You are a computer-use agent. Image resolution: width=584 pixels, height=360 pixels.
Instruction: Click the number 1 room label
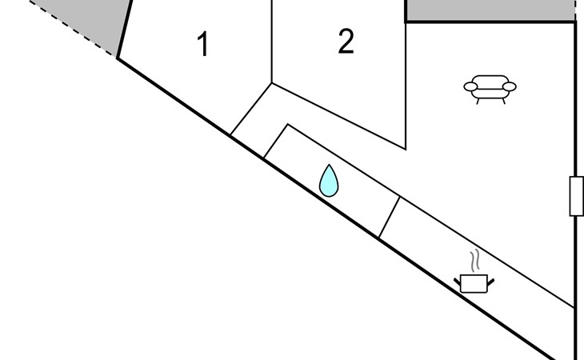[202, 44]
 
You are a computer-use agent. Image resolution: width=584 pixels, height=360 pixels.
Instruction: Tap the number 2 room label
[346, 42]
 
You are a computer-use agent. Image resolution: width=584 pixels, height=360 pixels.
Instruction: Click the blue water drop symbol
[329, 181]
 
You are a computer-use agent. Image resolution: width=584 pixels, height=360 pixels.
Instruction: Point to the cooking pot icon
[474, 284]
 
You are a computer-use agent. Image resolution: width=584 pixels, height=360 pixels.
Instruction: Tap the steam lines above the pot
[474, 261]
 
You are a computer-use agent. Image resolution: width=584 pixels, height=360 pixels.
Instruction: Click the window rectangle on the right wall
[577, 196]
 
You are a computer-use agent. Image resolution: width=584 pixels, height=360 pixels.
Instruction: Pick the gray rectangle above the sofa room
[490, 10]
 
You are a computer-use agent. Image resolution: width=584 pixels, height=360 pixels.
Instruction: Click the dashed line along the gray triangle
[70, 28]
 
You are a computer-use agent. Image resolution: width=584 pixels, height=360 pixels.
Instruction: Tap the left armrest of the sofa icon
[470, 86]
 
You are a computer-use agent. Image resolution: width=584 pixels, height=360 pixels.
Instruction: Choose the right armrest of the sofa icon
[509, 86]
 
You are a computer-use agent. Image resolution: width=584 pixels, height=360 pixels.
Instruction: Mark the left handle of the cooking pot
[457, 282]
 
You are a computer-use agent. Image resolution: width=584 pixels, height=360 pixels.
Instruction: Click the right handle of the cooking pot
[490, 282]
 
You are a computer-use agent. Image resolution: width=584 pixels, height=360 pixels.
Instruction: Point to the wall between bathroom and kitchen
[390, 217]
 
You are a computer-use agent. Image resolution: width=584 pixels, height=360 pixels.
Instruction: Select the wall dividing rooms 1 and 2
[272, 42]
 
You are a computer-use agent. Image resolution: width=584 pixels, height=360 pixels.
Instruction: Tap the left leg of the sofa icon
[478, 101]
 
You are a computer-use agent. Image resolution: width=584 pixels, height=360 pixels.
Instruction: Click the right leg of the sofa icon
[503, 101]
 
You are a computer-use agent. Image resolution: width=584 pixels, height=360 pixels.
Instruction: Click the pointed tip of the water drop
[329, 165]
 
